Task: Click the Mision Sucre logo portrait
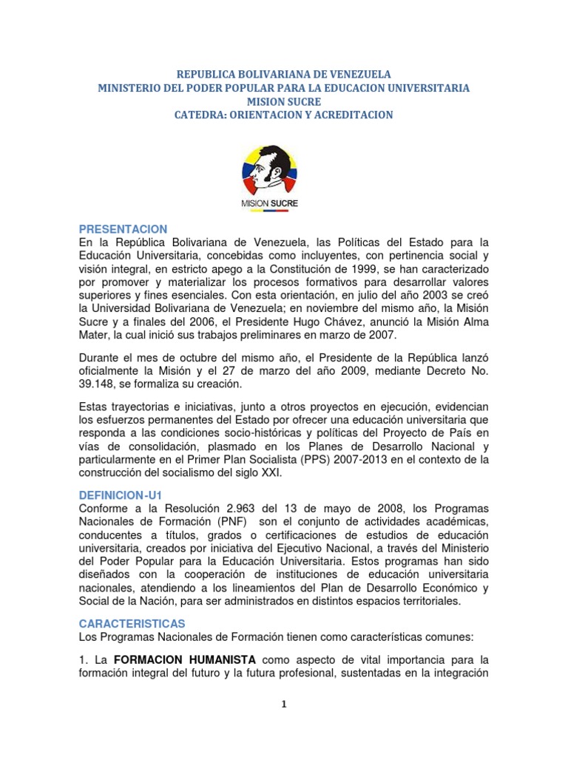(271, 170)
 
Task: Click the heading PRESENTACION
(124, 229)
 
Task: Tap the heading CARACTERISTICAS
(132, 624)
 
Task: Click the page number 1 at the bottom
(284, 704)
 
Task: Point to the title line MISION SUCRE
(284, 101)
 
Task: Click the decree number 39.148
(100, 385)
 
